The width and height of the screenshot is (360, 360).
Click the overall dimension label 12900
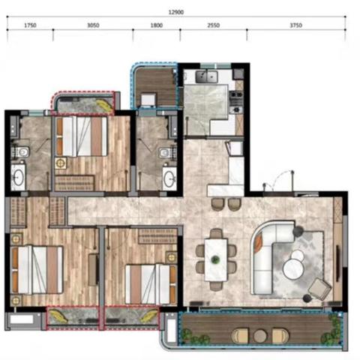coord(176,12)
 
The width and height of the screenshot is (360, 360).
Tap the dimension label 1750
coord(30,25)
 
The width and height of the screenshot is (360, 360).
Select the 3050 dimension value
coord(93,25)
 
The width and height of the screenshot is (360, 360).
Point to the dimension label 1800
coord(157,25)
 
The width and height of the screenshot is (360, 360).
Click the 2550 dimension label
coord(214,25)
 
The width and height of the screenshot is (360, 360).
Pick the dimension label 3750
coord(296,25)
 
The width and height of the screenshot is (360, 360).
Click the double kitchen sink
coord(206,76)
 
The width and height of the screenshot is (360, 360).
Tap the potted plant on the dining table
coord(214,259)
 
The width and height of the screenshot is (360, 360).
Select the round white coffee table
coord(292,269)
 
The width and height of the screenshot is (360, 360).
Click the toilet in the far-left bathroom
coord(21,151)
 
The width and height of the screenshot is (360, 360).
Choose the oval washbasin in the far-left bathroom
coord(18,177)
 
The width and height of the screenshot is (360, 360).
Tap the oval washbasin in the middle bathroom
coord(169,178)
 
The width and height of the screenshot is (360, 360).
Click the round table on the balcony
coord(260,336)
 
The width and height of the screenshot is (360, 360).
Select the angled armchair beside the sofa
coord(319,289)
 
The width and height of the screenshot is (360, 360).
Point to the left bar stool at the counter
coord(217,204)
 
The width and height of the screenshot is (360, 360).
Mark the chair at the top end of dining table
coord(216,234)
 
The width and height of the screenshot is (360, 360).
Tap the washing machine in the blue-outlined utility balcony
coord(148,100)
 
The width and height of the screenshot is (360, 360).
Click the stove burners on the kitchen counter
coord(236,102)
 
